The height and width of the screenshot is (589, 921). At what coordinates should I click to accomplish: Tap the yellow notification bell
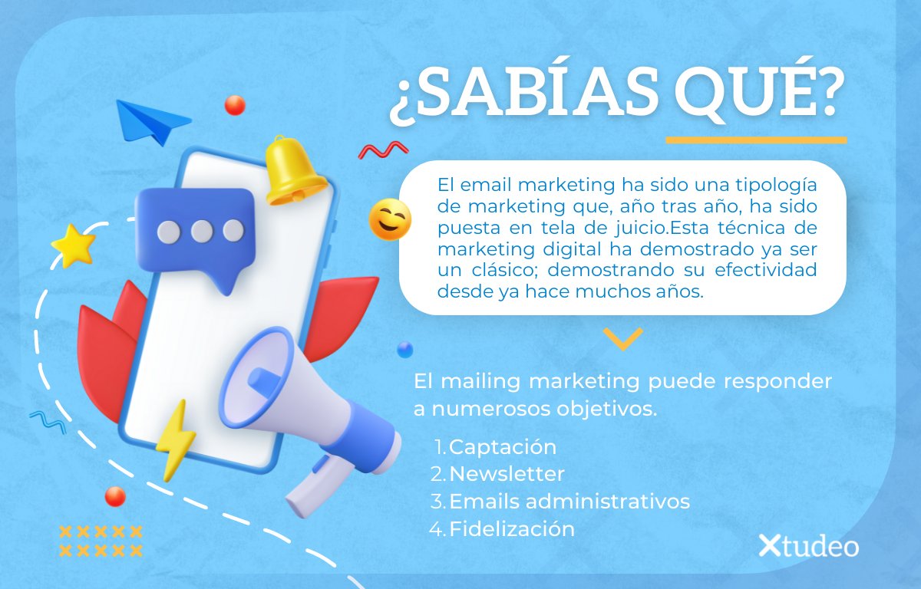tap(292, 172)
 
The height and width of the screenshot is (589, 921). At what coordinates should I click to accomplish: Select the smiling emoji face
tap(390, 220)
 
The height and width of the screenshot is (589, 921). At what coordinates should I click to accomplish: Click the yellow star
tap(74, 245)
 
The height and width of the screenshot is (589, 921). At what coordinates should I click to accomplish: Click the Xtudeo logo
tap(808, 546)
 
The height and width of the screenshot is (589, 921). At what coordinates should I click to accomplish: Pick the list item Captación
tap(502, 446)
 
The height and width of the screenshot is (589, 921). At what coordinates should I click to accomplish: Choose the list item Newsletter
tap(507, 474)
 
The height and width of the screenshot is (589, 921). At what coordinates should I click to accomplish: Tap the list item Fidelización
tap(511, 528)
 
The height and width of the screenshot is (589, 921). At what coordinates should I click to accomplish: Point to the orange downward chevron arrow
tap(622, 338)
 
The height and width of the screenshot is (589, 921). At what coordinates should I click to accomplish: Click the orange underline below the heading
tap(756, 140)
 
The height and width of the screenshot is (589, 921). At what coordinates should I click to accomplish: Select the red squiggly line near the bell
tap(383, 150)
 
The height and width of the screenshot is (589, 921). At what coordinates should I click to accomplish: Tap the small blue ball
tap(404, 350)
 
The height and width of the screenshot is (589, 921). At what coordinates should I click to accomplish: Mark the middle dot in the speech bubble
tap(201, 231)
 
